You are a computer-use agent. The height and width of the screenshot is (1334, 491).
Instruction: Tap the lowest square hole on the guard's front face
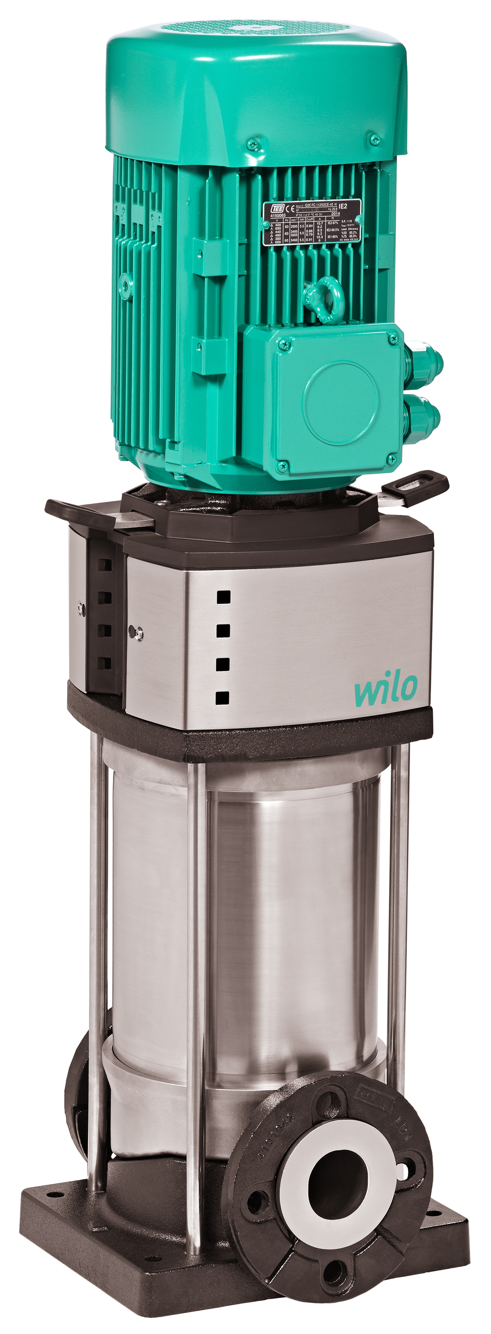(x=222, y=698)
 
